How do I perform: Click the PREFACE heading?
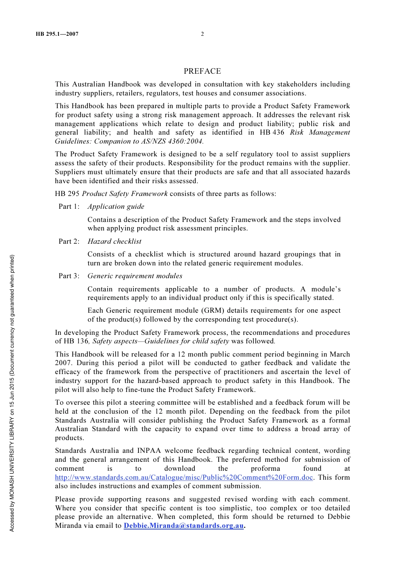pos(202,71)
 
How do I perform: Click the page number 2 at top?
pos(202,34)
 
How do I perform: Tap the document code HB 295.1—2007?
pos(57,34)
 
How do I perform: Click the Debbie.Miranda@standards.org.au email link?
pos(184,526)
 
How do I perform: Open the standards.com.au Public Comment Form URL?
pos(184,478)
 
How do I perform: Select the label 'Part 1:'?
pos(69,207)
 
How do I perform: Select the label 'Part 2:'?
pos(69,242)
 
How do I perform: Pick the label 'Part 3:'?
pos(69,276)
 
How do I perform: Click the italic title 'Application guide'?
pos(116,207)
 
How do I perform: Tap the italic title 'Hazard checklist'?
pos(114,242)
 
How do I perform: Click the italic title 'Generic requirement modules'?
pos(135,276)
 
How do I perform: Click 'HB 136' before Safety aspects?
pos(75,341)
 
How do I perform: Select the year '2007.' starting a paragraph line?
pos(64,363)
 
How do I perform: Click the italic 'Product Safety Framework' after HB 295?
pos(124,194)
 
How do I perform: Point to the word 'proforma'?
pos(266,469)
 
